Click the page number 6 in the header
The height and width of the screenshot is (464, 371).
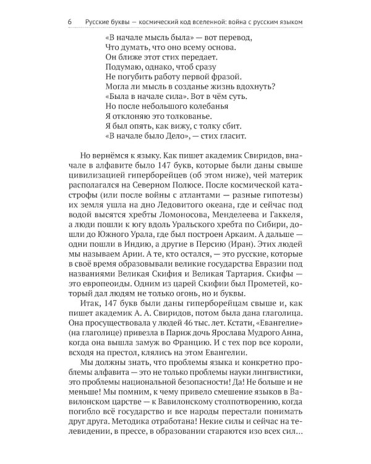coord(69,23)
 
